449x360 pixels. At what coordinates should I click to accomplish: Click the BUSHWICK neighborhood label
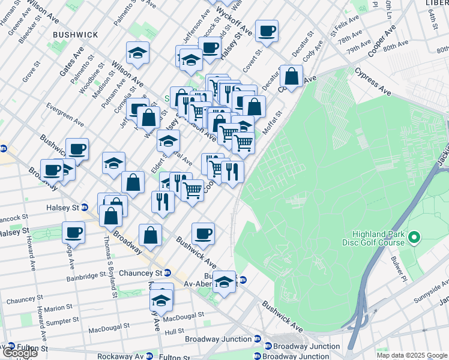pos(75,35)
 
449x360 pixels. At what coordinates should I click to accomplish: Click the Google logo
pos(19,353)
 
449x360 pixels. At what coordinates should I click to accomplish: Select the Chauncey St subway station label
pos(139,273)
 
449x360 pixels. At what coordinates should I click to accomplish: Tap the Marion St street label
pos(58,308)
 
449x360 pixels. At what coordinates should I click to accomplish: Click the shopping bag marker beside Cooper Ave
pos(291,77)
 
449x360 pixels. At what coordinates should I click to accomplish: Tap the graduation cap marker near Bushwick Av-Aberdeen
pos(224,281)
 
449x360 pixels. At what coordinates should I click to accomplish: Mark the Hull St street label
pos(174,331)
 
